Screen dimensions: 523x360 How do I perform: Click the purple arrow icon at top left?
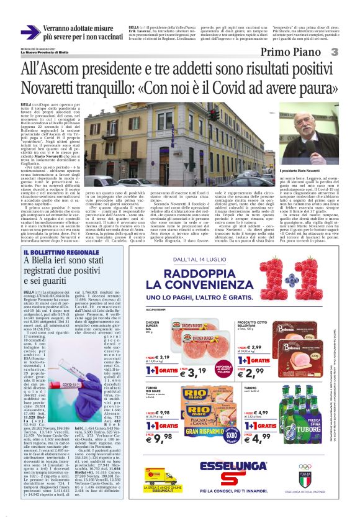click(x=30, y=32)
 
